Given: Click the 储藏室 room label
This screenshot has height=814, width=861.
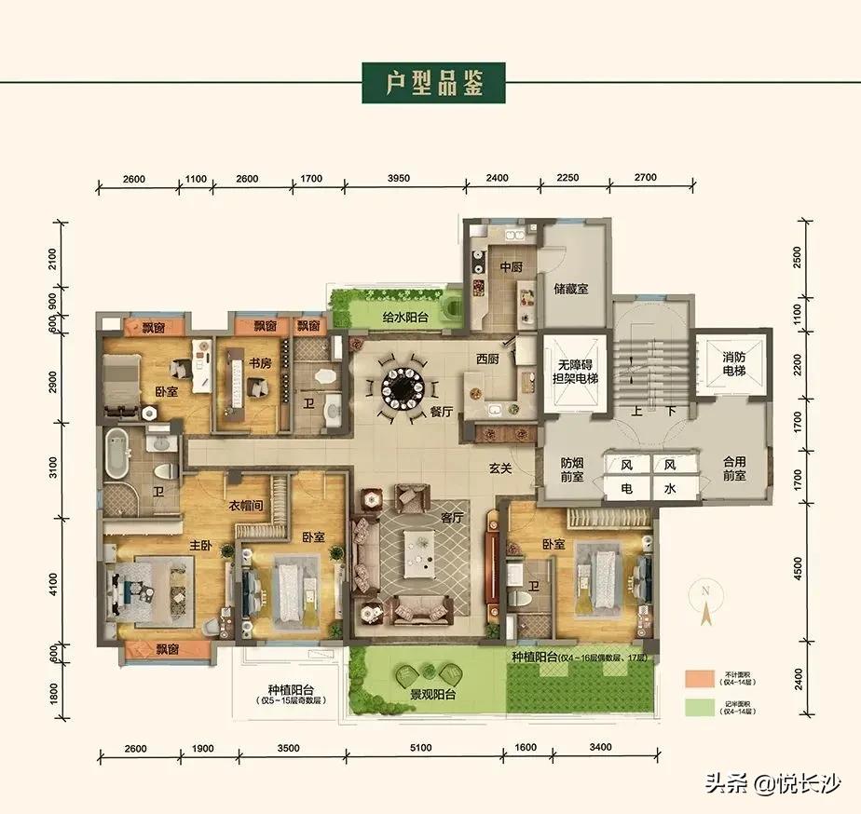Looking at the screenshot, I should [x=570, y=289].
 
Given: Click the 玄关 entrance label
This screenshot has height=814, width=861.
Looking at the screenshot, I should [x=499, y=468].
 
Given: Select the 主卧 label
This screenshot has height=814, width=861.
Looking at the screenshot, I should [x=204, y=545].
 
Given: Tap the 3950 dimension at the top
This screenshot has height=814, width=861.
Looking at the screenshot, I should [x=403, y=178].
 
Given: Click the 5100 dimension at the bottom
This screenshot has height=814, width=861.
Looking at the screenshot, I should [x=422, y=747].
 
